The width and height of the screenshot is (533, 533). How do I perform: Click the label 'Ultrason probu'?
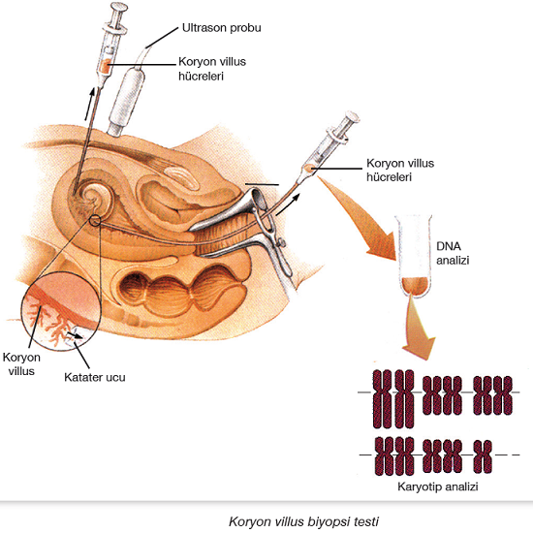click(222, 28)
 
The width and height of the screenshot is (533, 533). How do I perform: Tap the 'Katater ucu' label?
click(95, 377)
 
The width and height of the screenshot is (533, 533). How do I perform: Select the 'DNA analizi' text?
click(453, 253)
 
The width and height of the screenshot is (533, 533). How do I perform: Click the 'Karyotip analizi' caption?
click(438, 486)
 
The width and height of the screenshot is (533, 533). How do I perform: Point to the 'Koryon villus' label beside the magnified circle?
click(21, 364)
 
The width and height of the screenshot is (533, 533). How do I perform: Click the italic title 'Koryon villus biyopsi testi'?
click(303, 521)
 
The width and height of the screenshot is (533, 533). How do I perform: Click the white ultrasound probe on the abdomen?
click(126, 100)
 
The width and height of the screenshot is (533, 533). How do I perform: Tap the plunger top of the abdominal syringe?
click(118, 7)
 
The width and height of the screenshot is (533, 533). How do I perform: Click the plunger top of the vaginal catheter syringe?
click(352, 115)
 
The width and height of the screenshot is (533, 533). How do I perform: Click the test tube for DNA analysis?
click(414, 256)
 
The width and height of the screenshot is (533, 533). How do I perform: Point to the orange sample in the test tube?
click(414, 286)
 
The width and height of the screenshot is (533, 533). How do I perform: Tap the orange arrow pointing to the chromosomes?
click(418, 327)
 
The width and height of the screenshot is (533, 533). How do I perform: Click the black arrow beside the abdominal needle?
click(90, 104)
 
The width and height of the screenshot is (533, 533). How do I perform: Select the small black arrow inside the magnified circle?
click(75, 335)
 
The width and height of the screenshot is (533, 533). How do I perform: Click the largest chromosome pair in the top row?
click(393, 398)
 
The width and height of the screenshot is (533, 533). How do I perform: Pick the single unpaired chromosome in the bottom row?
click(483, 456)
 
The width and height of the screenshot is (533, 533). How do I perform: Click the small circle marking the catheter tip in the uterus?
click(95, 221)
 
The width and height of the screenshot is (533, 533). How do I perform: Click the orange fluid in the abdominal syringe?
click(106, 66)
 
